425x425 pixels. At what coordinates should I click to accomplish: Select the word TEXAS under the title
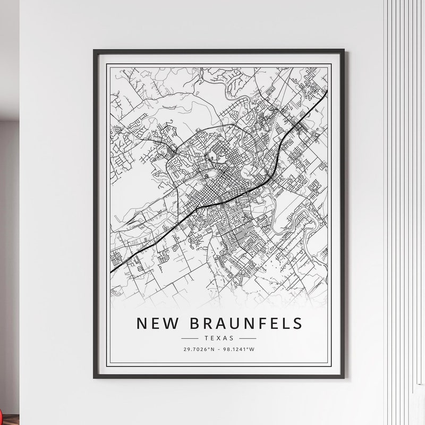tap(218, 338)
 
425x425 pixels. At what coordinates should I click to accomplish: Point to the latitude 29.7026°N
tap(196, 349)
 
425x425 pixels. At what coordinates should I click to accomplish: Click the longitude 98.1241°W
tap(239, 349)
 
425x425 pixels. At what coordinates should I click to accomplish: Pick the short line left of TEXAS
tap(190, 338)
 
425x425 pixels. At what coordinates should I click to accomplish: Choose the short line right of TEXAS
tap(248, 338)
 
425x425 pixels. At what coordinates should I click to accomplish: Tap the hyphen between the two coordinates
tap(217, 349)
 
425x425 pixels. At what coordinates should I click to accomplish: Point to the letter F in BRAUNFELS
tap(257, 323)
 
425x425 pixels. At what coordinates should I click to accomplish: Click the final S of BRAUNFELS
tap(297, 323)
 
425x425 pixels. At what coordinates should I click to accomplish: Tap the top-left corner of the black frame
tap(94, 50)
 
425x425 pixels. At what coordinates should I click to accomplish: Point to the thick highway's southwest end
tap(110, 273)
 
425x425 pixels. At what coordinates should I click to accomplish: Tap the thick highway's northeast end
tap(327, 91)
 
